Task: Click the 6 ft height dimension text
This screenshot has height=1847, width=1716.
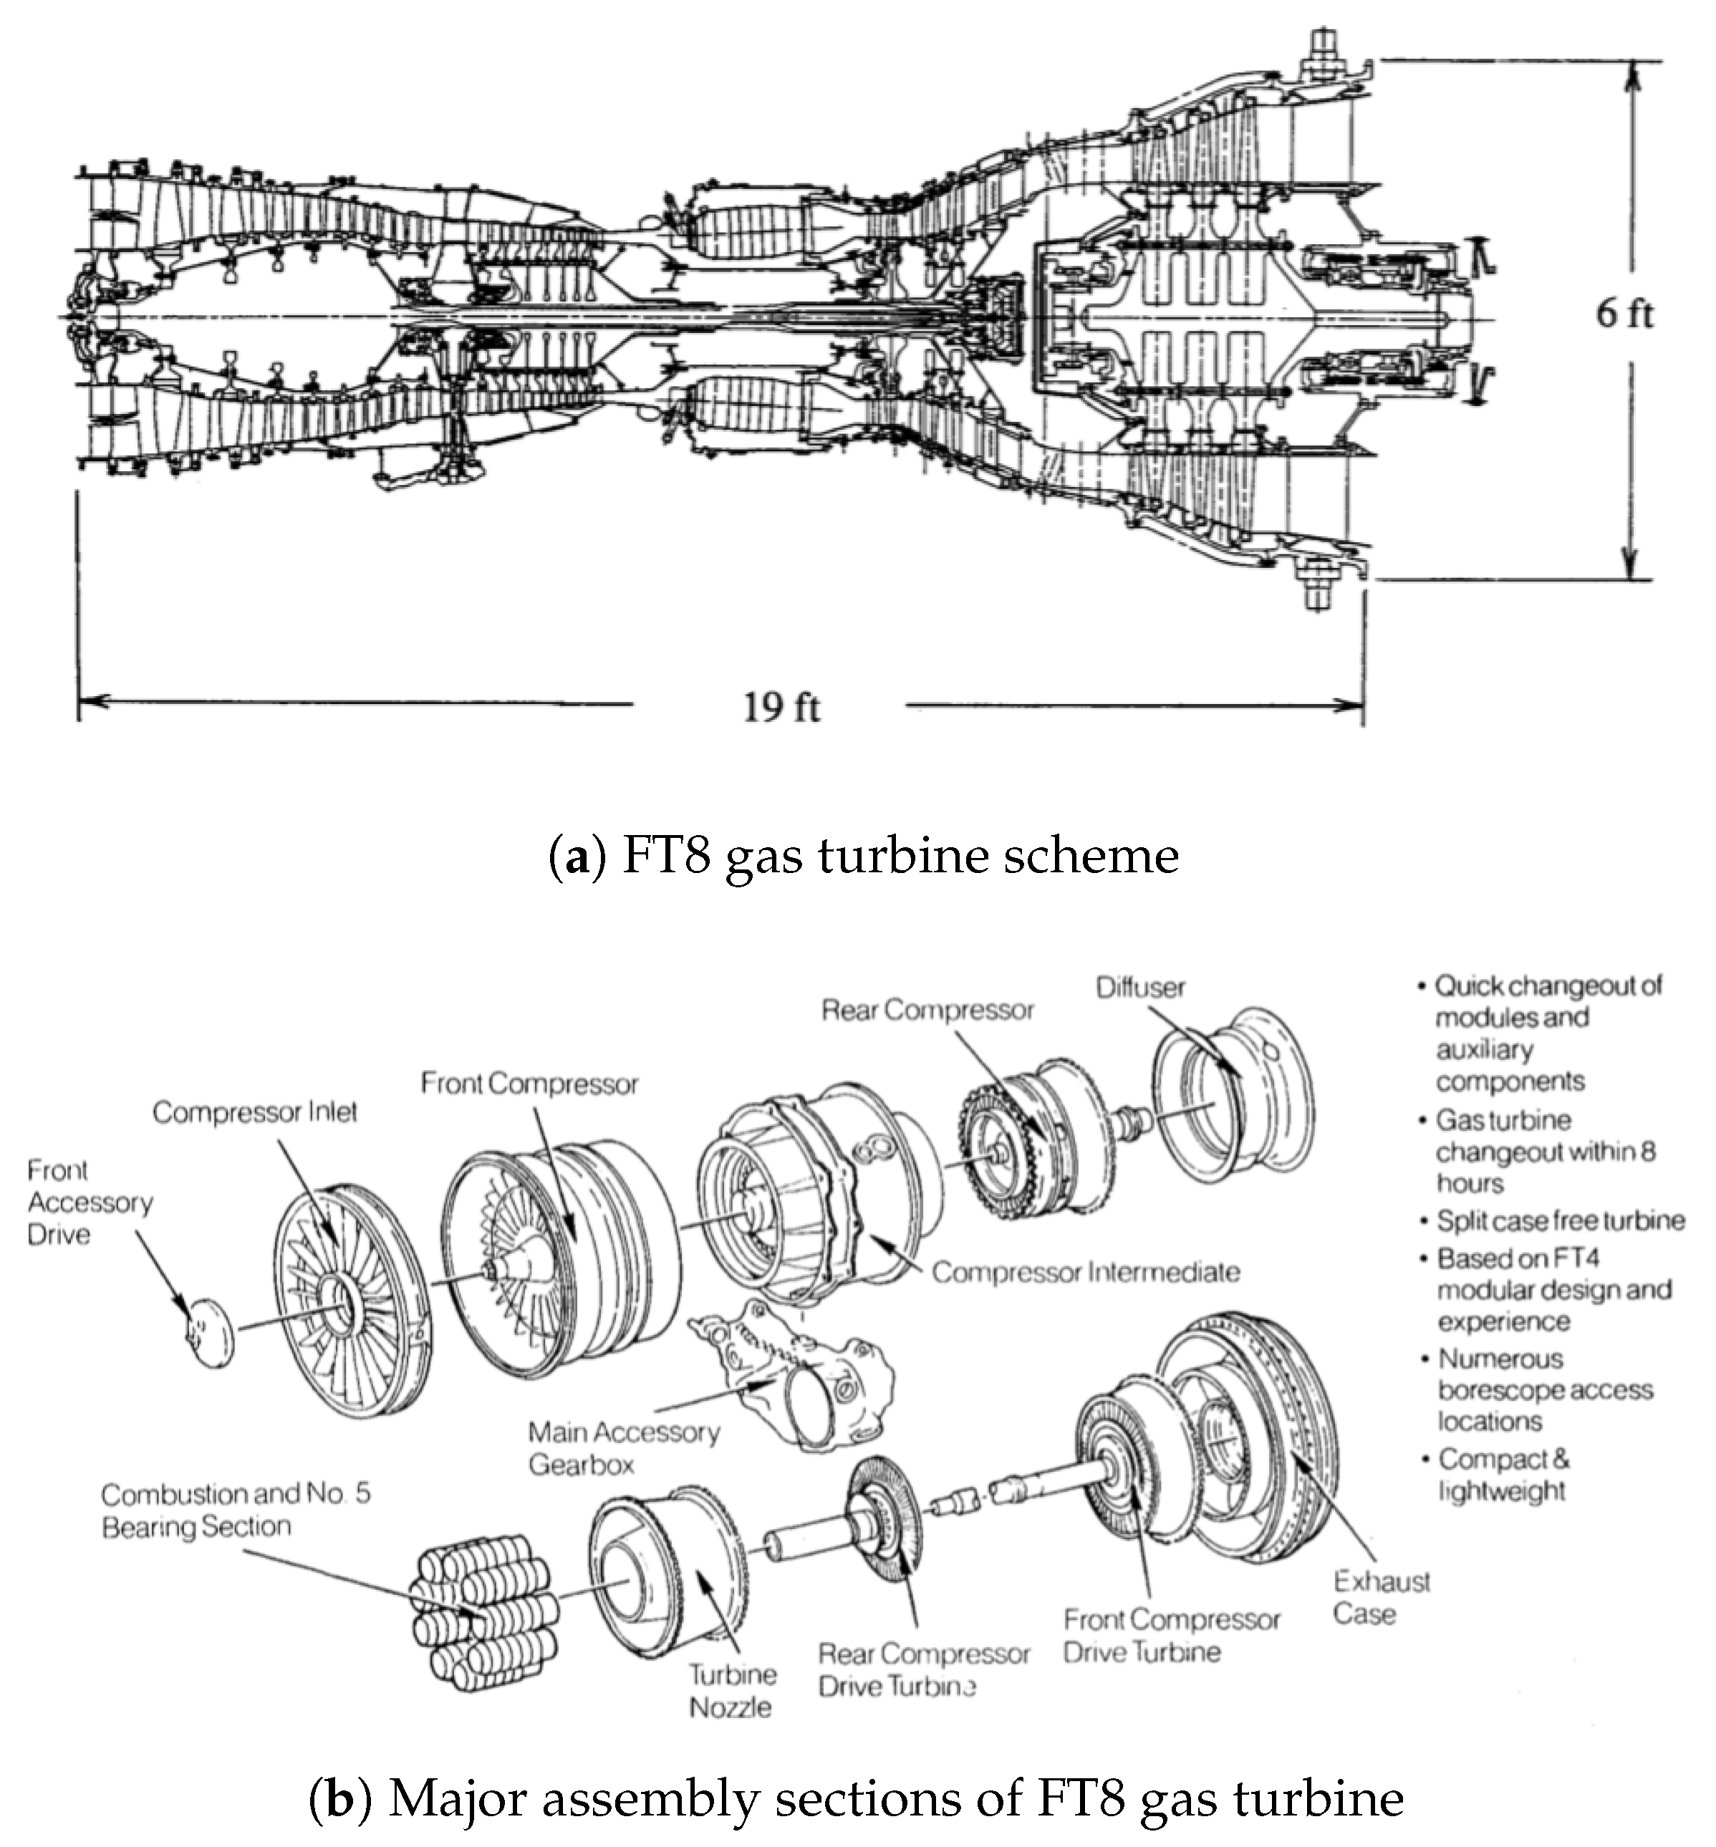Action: click(x=1624, y=314)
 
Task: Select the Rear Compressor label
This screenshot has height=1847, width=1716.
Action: click(x=927, y=1011)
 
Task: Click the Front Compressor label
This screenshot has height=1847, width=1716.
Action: click(x=529, y=1084)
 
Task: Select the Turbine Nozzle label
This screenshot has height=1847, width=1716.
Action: click(x=732, y=1690)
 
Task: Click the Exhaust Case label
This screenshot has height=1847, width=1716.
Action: click(x=1381, y=1597)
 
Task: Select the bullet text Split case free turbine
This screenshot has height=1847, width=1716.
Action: click(x=1560, y=1220)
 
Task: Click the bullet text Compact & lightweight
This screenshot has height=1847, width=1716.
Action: click(x=1503, y=1475)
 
